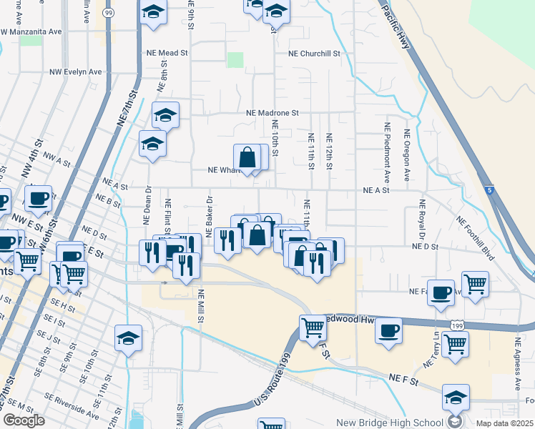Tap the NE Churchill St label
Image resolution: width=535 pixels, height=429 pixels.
click(x=321, y=53)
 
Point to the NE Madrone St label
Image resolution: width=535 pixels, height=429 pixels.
click(x=272, y=113)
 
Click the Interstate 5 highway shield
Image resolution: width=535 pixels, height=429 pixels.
click(x=488, y=190)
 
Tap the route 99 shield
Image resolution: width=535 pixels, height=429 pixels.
click(x=108, y=13)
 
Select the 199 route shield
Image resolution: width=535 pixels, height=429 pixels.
click(x=456, y=325)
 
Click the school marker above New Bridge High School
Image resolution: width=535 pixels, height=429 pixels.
click(x=456, y=398)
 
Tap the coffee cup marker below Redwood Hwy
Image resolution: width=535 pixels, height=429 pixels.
click(x=388, y=331)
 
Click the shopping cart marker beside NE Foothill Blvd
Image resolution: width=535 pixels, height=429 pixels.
click(x=475, y=285)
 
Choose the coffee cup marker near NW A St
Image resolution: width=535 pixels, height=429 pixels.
click(x=38, y=198)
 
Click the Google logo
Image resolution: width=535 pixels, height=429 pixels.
click(x=24, y=420)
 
